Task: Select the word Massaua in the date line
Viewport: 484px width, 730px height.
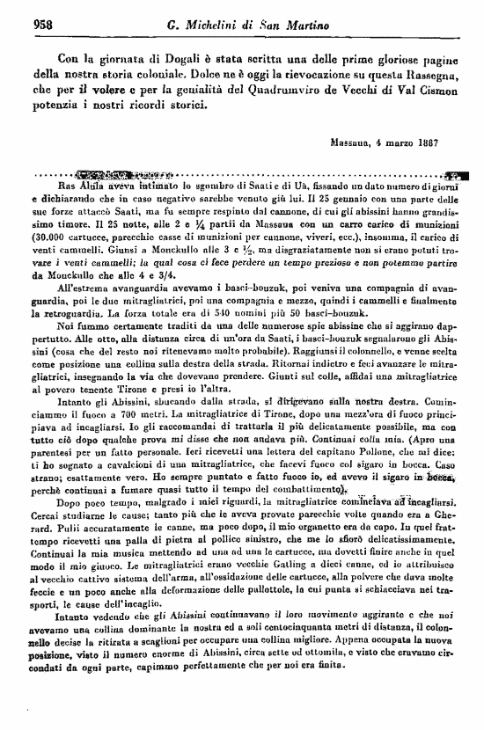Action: point(351,141)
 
